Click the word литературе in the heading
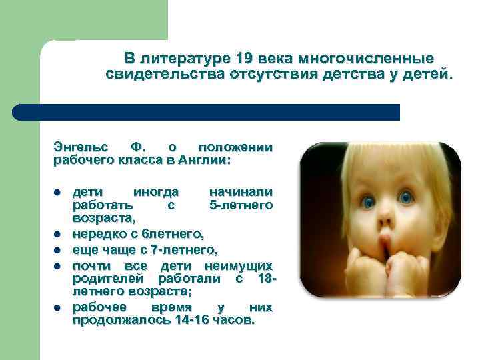(x=180, y=58)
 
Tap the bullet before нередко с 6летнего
(x=58, y=234)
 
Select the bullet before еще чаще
(x=58, y=251)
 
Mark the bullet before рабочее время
(x=58, y=307)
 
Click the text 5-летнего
(x=241, y=205)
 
